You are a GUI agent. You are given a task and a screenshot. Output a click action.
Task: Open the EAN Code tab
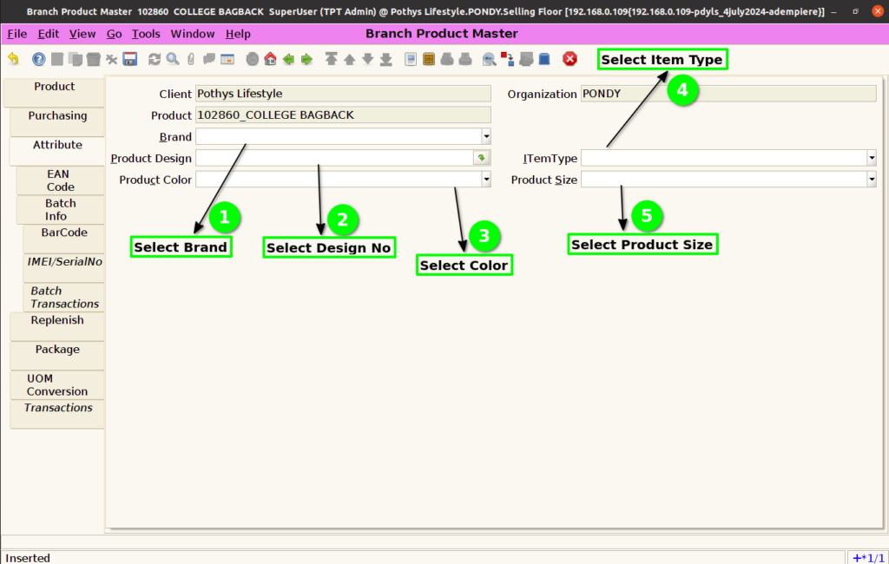60,180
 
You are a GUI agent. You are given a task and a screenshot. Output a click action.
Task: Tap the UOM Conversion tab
57,385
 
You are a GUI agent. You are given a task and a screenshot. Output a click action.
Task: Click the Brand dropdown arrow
486,136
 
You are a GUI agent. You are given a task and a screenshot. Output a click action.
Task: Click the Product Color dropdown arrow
486,180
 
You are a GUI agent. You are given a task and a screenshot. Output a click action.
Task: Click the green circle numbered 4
682,90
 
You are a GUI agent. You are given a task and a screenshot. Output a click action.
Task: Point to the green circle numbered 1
225,218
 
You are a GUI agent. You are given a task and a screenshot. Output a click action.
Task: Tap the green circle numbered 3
484,236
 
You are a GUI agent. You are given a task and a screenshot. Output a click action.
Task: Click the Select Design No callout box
329,247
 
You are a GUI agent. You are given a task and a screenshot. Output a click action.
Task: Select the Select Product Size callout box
642,245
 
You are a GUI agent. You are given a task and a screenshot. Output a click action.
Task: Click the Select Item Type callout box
662,60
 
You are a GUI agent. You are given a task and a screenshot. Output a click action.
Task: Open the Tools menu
146,34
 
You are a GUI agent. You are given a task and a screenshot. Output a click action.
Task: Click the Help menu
238,34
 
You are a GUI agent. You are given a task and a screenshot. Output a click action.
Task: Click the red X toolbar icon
570,59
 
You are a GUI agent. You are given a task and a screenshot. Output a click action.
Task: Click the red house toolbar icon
271,59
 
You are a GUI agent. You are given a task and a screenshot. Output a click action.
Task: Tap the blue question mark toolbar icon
38,59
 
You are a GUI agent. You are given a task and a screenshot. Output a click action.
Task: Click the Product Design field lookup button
481,158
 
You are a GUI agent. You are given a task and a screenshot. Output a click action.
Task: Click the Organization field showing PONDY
728,94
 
